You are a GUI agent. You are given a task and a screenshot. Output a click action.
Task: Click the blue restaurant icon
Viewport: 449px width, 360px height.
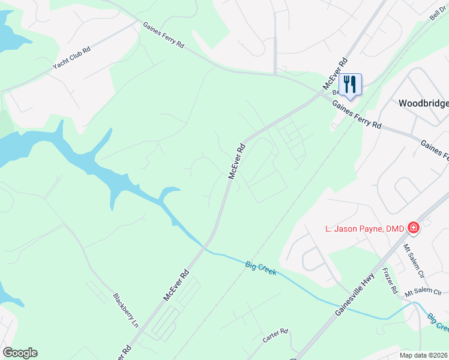(x=350, y=84)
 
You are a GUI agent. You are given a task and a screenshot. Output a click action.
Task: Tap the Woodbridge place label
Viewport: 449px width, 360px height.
(x=423, y=103)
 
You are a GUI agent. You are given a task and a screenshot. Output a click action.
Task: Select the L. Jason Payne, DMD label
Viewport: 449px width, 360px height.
(x=362, y=228)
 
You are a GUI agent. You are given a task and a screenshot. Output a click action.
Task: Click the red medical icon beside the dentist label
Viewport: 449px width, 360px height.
(x=413, y=228)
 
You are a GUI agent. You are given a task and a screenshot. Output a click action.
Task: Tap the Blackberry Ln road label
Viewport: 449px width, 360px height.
(x=126, y=310)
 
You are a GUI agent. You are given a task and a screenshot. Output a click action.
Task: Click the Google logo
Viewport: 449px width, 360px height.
(x=20, y=353)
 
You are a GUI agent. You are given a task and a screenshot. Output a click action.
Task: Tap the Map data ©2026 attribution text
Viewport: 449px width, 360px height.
(x=422, y=355)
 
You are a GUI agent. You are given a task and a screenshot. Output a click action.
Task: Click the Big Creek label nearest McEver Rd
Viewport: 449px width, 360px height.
(x=261, y=268)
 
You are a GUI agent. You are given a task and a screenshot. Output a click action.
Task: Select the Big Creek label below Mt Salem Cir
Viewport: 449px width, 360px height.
(x=438, y=322)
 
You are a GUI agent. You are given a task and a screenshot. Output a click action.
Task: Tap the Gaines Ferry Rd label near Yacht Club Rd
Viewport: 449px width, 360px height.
(x=163, y=36)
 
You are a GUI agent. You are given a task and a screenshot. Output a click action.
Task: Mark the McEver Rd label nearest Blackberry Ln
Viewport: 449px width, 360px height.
(x=176, y=286)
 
